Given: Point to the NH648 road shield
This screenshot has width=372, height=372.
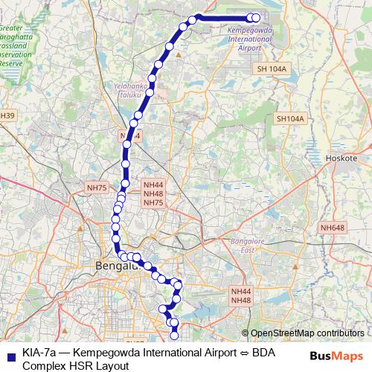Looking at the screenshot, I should pyautogui.click(x=333, y=228).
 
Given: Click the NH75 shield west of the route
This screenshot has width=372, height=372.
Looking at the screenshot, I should pyautogui.click(x=97, y=188).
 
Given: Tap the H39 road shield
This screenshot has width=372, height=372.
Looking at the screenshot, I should pyautogui.click(x=7, y=115).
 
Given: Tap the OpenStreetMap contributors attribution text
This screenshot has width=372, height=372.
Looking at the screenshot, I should pyautogui.click(x=307, y=333).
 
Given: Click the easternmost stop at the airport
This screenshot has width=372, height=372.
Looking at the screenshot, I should pyautogui.click(x=257, y=18).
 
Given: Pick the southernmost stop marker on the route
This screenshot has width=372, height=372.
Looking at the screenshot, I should pyautogui.click(x=176, y=333).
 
